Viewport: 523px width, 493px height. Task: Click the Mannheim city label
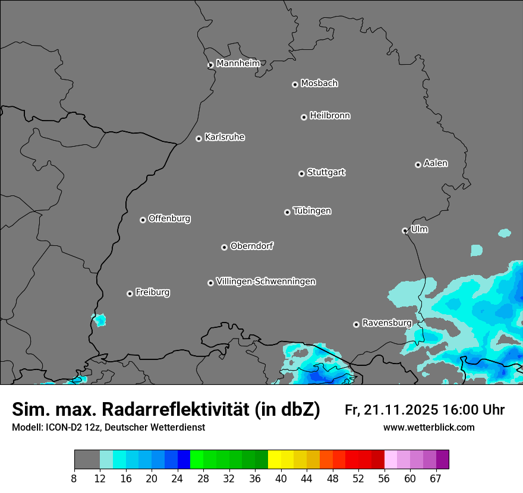238,64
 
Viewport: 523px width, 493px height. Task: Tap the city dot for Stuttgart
301,173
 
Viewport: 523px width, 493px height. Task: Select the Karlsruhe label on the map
225,137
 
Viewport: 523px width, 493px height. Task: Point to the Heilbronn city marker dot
304,117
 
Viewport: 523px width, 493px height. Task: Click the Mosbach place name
319,84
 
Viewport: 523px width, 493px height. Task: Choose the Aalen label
436,163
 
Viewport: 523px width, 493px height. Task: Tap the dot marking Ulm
405,230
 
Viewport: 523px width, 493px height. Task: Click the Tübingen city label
312,211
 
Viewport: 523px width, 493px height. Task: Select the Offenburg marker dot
143,220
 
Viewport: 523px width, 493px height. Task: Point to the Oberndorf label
251,246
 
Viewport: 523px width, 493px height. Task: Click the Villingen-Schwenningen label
266,282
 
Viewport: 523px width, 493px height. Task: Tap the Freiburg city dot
130,293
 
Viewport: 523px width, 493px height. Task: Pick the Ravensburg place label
387,323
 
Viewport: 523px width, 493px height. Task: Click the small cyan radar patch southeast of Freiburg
99,320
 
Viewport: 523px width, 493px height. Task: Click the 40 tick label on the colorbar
281,479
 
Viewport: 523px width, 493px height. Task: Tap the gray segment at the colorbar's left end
87,460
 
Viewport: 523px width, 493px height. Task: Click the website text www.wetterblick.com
429,428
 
